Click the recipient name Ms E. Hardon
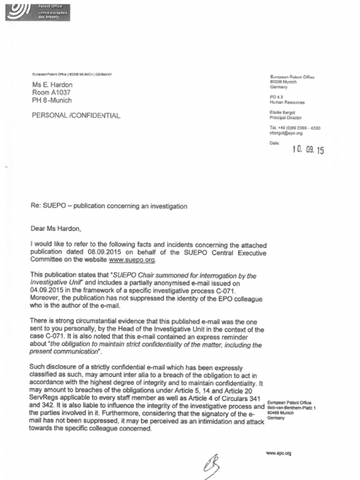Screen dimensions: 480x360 coord(52,85)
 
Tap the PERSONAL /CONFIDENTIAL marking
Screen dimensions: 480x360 coord(76,115)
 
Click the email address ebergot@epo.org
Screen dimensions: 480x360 coord(286,133)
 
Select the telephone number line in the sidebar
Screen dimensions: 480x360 coord(295,127)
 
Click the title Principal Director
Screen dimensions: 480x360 coord(285,118)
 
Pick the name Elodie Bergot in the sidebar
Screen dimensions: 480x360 coord(283,112)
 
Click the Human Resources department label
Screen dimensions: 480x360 coord(287,102)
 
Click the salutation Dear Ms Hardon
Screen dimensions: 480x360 coord(56,229)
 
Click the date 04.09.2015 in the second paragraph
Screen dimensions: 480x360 coord(46,291)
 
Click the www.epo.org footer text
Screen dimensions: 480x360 coord(278,453)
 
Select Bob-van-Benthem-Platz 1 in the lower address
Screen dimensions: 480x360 coord(291,408)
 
